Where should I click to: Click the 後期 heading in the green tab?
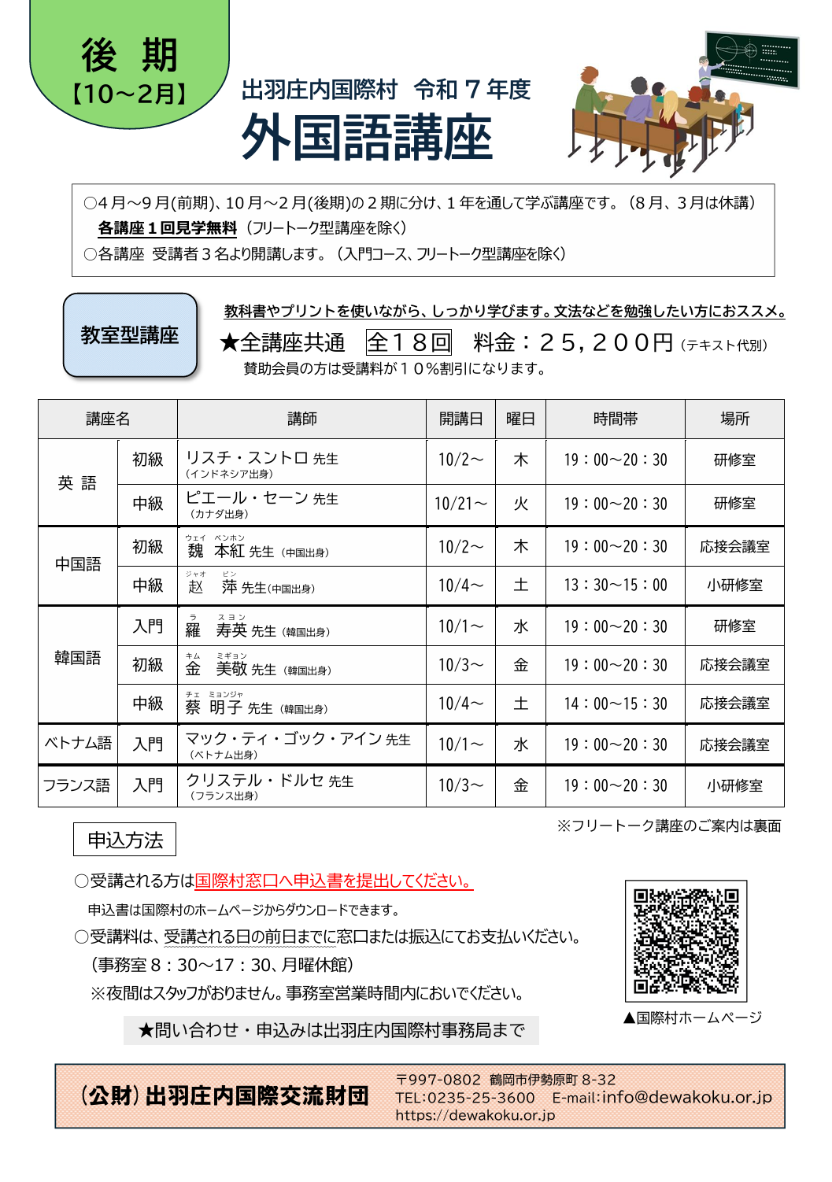[x=130, y=55]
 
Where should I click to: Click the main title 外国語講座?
[x=366, y=138]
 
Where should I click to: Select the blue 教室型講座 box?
[x=130, y=335]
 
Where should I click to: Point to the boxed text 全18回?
[x=409, y=342]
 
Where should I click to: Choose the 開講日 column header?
[x=460, y=419]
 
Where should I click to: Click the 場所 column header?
[x=734, y=419]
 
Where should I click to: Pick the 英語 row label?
[x=77, y=482]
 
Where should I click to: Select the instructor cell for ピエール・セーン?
[x=301, y=504]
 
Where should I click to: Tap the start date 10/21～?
[x=460, y=504]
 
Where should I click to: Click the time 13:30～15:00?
[x=615, y=585]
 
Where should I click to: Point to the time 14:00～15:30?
[x=615, y=704]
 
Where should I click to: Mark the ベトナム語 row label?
[x=77, y=744]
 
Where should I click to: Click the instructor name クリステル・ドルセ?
[x=255, y=781]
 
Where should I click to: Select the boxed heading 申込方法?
[x=124, y=840]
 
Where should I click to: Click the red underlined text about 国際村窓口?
[x=334, y=881]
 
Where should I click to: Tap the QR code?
[x=686, y=940]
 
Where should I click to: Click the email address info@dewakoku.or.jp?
[x=686, y=1097]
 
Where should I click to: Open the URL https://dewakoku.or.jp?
[x=475, y=1115]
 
